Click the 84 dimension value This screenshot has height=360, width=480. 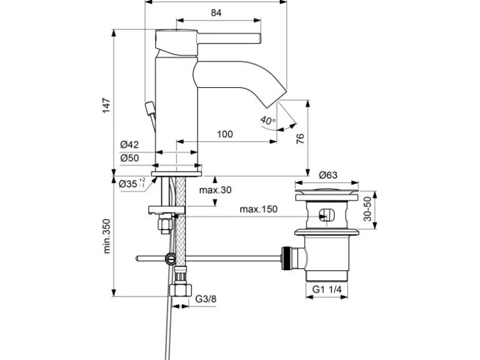(x=216, y=11)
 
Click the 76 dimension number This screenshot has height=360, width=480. (x=299, y=138)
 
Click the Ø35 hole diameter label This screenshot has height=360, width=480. (x=131, y=184)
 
